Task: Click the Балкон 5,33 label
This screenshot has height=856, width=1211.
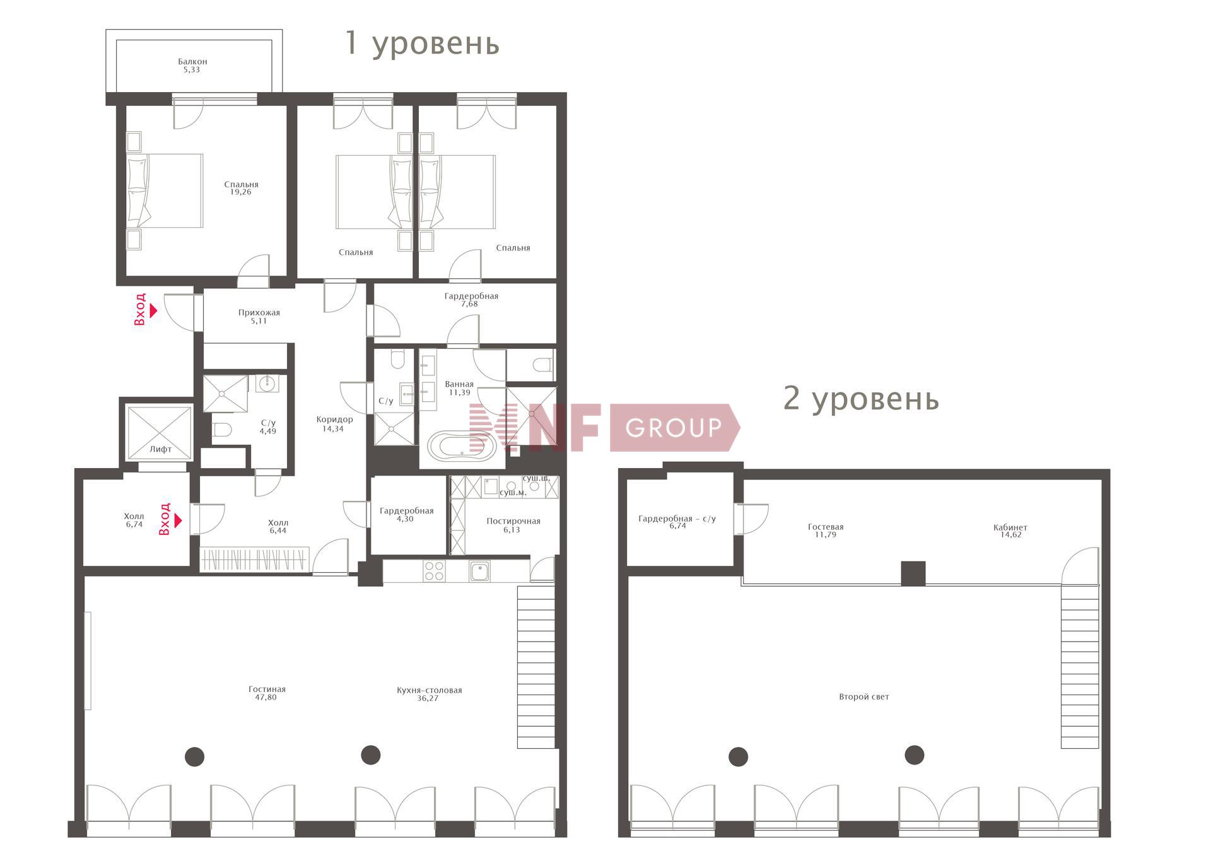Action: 192,66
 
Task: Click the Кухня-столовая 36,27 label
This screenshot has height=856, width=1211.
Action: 429,694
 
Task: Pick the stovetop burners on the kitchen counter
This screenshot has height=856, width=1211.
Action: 434,571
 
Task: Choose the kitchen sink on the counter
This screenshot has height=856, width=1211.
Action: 480,571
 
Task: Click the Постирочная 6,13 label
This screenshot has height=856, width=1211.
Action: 513,525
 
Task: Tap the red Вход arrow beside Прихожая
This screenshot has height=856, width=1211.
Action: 153,311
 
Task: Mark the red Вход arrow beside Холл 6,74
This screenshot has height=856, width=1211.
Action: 178,520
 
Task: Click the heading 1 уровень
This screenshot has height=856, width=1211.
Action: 422,43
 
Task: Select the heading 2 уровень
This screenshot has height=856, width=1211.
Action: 861,399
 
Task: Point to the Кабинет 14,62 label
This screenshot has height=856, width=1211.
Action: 1010,531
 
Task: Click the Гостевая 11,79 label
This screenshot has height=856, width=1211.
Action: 826,531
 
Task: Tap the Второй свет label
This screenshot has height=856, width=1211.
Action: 864,697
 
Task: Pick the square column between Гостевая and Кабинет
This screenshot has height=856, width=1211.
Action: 913,573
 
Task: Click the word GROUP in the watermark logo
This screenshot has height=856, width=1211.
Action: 674,428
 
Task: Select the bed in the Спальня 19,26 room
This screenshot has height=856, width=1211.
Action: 165,191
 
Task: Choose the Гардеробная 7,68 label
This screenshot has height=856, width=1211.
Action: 471,300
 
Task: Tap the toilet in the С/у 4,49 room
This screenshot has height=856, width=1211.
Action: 222,430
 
